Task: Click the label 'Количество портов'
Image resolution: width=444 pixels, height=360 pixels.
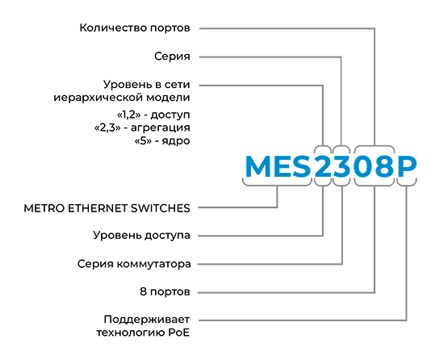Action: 135,28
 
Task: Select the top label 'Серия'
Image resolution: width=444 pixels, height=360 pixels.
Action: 172,57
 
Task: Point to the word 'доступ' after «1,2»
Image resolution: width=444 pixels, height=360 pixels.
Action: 170,115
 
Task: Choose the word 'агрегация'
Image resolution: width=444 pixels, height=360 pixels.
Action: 161,128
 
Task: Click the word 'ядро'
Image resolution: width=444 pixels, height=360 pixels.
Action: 176,141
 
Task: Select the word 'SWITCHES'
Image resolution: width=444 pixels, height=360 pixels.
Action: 161,208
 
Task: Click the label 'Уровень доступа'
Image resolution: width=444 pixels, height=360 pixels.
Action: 141,236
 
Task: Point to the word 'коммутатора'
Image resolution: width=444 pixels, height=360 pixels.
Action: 153,264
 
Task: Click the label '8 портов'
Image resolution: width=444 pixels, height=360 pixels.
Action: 165,291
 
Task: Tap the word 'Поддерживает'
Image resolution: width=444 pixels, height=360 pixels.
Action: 147,320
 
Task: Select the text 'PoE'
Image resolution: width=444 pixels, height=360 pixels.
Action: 178,333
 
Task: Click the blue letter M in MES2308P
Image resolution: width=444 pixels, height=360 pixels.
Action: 258,166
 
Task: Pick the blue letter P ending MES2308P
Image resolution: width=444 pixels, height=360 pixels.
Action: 407,166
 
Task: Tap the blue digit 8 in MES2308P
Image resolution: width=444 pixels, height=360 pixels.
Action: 384,166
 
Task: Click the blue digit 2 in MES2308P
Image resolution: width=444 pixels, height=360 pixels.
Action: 323,166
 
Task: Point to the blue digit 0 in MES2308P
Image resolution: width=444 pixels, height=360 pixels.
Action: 363,166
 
